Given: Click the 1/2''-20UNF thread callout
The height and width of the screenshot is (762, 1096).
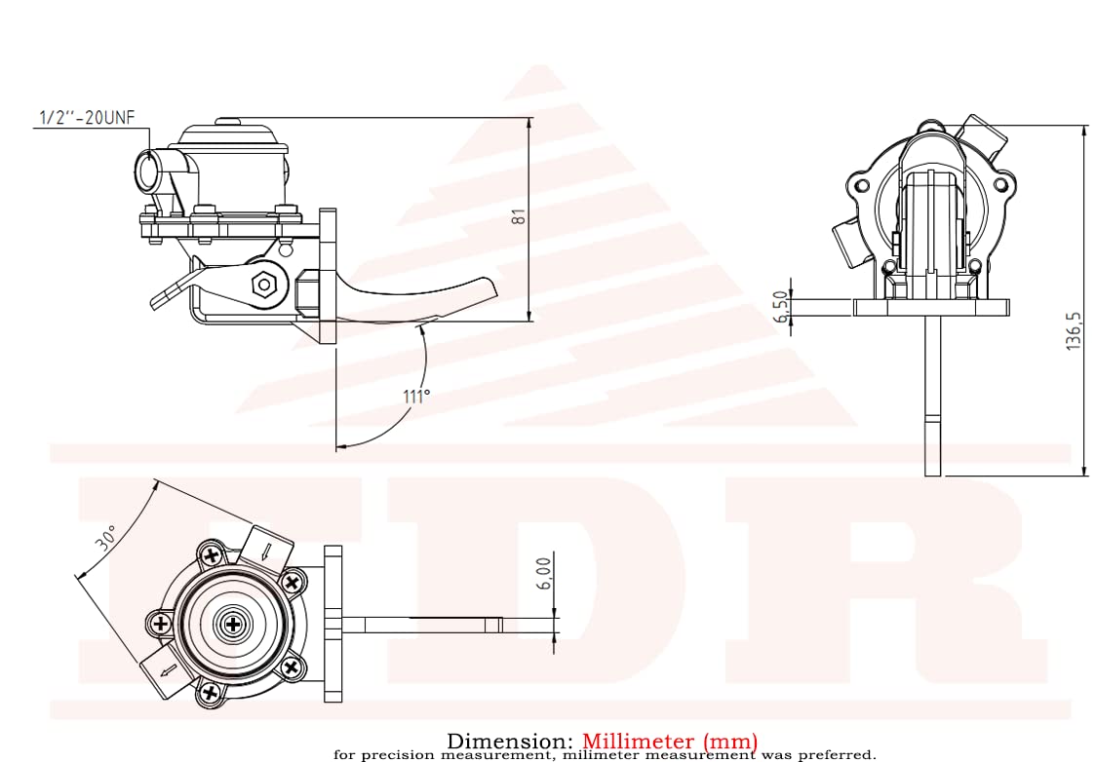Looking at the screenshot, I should pyautogui.click(x=85, y=118).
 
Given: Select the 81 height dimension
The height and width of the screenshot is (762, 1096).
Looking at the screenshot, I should pyautogui.click(x=520, y=217).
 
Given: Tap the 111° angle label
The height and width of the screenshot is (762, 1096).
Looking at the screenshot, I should pyautogui.click(x=415, y=397).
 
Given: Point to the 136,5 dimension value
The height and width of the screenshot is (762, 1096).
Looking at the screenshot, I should pyautogui.click(x=1074, y=331).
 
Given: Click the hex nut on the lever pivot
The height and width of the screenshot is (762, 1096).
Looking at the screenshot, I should pyautogui.click(x=262, y=285).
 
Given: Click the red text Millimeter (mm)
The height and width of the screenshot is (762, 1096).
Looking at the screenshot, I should pyautogui.click(x=670, y=743).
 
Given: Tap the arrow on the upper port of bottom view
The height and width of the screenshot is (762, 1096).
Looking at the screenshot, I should pyautogui.click(x=266, y=553).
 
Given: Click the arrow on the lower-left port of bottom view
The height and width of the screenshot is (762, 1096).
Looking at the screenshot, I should pyautogui.click(x=168, y=671).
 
